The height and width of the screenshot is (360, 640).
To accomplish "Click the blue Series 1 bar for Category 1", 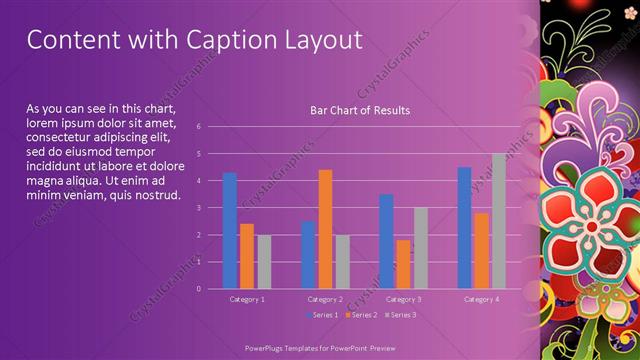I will (x=230, y=230).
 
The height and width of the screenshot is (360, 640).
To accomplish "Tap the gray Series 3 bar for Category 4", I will (x=498, y=221).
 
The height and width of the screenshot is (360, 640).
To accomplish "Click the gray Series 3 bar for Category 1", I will (x=264, y=262).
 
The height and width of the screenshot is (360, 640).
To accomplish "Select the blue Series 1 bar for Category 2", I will (x=308, y=255).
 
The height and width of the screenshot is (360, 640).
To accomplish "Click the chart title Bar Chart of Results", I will (x=360, y=110).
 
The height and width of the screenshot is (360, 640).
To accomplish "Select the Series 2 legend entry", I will (x=359, y=315).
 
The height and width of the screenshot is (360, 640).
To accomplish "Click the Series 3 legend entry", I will (x=400, y=315).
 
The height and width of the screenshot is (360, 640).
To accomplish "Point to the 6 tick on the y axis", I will (x=199, y=127).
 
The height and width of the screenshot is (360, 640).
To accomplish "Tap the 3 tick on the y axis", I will (x=199, y=208).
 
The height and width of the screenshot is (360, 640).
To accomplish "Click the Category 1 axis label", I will (x=247, y=299).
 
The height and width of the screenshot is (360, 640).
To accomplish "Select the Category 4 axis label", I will (x=481, y=299).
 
